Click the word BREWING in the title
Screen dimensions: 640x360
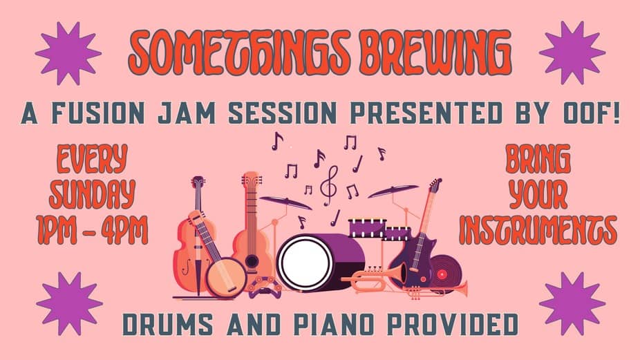pyautogui.click(x=436, y=53)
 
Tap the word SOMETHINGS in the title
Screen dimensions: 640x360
pyautogui.click(x=240, y=53)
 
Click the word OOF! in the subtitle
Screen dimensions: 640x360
pyautogui.click(x=591, y=113)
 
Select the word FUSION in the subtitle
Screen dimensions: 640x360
pyautogui.click(x=98, y=113)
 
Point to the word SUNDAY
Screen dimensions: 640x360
pyautogui.click(x=92, y=193)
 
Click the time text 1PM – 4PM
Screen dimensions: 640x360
pyautogui.click(x=92, y=230)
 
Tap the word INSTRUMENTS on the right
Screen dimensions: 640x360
pyautogui.click(x=538, y=230)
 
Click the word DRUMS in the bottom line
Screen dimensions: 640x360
pyautogui.click(x=167, y=325)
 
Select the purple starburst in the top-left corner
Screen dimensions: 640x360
pyautogui.click(x=68, y=53)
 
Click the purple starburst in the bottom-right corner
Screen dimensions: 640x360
pyautogui.click(x=572, y=303)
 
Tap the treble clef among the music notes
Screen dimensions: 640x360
pyautogui.click(x=329, y=186)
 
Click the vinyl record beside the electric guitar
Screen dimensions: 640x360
pyautogui.click(x=445, y=273)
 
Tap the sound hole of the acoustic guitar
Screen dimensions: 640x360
pyautogui.click(x=252, y=260)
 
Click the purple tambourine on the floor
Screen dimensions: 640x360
pyautogui.click(x=265, y=287)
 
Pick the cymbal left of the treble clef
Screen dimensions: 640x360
pyautogui.click(x=285, y=202)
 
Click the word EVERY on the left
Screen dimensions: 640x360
pyautogui.click(x=92, y=158)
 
